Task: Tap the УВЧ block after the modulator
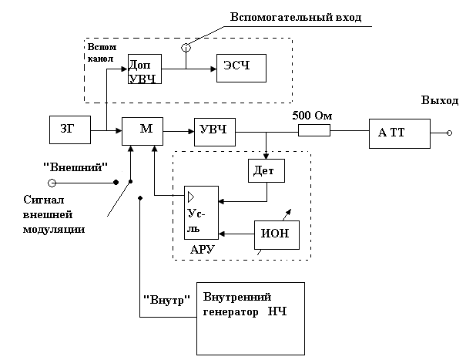pos(213,130)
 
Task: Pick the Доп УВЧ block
pos(144,69)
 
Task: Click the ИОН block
pos(276,234)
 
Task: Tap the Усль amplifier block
pos(200,212)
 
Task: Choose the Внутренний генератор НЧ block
pos(251,316)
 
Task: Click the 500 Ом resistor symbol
pos(314,132)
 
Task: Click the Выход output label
pos(439,102)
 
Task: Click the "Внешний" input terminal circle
pos(52,183)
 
